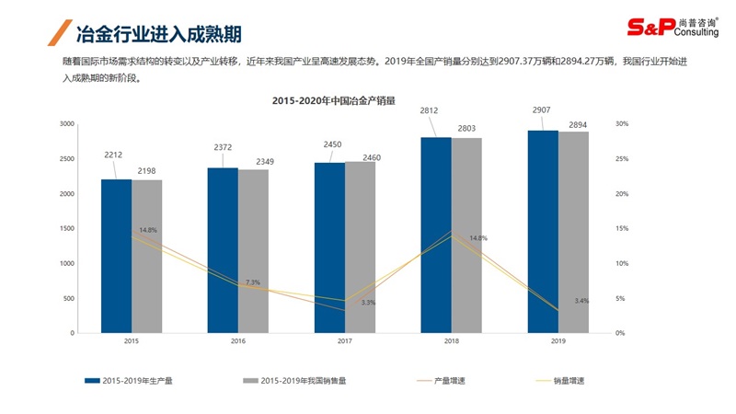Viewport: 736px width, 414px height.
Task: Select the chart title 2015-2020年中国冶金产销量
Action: pyautogui.click(x=333, y=101)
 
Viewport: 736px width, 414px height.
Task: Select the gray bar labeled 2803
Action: pyautogui.click(x=466, y=235)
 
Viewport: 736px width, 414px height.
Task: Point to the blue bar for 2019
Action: pyautogui.click(x=542, y=231)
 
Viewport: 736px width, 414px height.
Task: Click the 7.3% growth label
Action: pyautogui.click(x=253, y=282)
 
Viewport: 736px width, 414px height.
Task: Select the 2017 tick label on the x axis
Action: pyautogui.click(x=344, y=341)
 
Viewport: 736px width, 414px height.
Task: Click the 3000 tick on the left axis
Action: pyautogui.click(x=67, y=123)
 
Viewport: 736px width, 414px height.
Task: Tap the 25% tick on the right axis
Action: pyautogui.click(x=622, y=158)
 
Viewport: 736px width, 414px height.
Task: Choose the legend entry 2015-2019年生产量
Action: pyautogui.click(x=137, y=380)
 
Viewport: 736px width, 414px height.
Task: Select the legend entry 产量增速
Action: pyautogui.click(x=449, y=380)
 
